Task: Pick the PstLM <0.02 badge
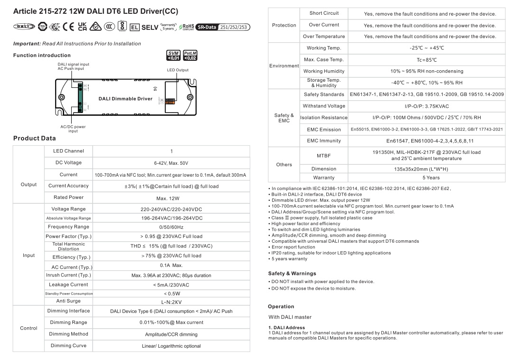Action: (x=190, y=56)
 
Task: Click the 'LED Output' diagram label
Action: (x=178, y=70)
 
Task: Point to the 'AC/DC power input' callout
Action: (x=73, y=129)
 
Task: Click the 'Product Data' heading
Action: (x=34, y=138)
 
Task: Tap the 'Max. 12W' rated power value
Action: (x=171, y=198)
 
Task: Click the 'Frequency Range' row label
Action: (x=68, y=227)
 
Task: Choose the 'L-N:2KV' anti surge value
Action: (x=171, y=301)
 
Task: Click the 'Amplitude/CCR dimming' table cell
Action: (x=171, y=334)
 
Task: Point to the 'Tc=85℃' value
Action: (x=426, y=60)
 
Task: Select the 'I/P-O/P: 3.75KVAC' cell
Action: (x=426, y=106)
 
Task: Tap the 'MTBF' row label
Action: (x=323, y=155)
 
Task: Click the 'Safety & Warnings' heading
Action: (x=292, y=274)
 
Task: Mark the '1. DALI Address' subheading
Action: (x=287, y=327)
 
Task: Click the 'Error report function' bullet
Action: (x=292, y=247)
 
